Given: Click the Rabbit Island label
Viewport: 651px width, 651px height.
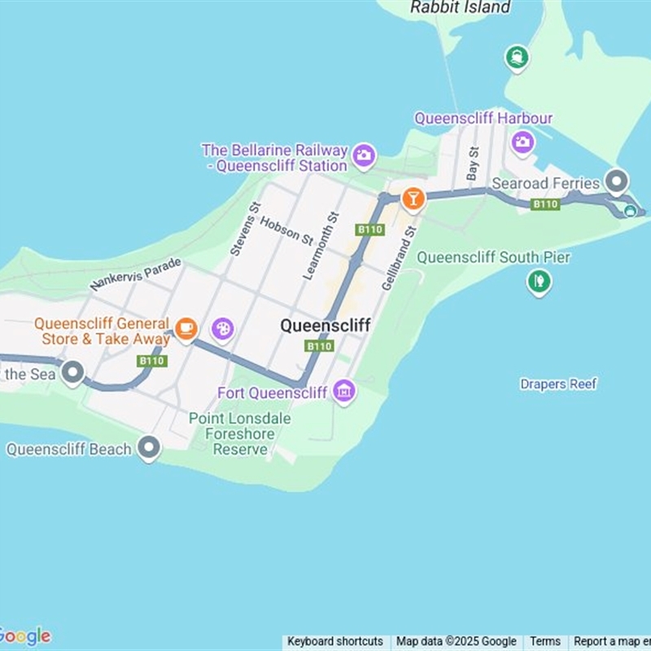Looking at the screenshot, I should pyautogui.click(x=461, y=7).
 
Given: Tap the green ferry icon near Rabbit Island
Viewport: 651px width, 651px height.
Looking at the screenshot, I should pyautogui.click(x=517, y=57).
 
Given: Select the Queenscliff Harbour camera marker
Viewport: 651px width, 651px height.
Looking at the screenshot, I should pyautogui.click(x=522, y=142).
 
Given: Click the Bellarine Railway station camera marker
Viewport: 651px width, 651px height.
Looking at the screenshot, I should pyautogui.click(x=364, y=154).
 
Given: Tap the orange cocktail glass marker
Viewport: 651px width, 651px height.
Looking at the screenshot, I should pyautogui.click(x=413, y=198).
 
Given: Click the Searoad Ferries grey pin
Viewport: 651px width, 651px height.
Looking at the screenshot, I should pyautogui.click(x=618, y=181).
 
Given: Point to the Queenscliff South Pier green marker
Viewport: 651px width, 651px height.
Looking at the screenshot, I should pyautogui.click(x=539, y=282).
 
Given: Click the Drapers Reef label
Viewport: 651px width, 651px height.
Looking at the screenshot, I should pyautogui.click(x=558, y=384).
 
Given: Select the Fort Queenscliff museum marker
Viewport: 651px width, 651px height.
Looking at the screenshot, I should pyautogui.click(x=344, y=391).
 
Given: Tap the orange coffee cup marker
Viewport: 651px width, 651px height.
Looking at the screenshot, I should pyautogui.click(x=186, y=328).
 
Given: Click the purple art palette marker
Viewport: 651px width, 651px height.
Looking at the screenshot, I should pyautogui.click(x=222, y=329).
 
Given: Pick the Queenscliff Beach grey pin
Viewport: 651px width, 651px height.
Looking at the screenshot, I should pyautogui.click(x=148, y=447).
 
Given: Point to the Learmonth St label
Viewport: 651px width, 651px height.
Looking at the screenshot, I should pyautogui.click(x=321, y=245).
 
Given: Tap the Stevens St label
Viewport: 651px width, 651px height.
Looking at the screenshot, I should pyautogui.click(x=244, y=229).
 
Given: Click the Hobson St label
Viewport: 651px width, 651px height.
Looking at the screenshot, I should pyautogui.click(x=286, y=231).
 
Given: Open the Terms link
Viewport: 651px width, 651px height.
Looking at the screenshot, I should pyautogui.click(x=545, y=641).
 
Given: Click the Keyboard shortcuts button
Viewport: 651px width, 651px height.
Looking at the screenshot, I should pyautogui.click(x=334, y=641).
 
